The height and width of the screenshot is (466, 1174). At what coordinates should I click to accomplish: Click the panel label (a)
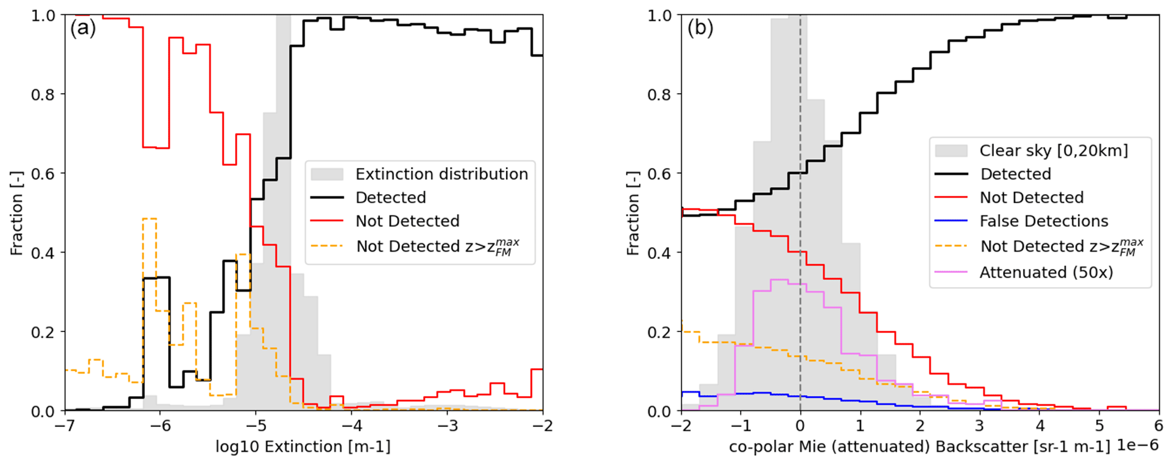coord(83,28)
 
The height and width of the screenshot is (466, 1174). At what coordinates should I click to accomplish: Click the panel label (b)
coord(700,28)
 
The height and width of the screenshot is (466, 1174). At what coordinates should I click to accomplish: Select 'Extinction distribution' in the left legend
coord(441,174)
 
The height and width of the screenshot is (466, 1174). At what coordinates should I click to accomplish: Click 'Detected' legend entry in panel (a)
coord(390,198)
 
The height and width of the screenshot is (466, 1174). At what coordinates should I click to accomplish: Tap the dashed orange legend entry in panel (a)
coord(437,246)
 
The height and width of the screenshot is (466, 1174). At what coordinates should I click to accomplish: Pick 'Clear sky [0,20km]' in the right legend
coord(1054,150)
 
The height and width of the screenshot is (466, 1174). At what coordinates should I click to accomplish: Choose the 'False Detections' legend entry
coord(1044,221)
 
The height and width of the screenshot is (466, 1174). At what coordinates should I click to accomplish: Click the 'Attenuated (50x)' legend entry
coord(1046,272)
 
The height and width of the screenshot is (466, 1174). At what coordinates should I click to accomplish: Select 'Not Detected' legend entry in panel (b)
coord(1031,198)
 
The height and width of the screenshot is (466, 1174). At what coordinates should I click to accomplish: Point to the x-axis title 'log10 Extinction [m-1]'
coord(303,447)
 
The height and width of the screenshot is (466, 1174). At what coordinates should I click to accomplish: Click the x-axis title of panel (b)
coord(919,447)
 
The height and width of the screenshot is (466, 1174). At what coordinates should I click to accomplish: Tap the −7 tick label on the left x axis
coord(66,425)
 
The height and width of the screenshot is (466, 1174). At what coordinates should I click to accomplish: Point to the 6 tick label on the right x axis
coord(1159,425)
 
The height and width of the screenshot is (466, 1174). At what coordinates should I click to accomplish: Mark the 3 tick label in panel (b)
coord(980,425)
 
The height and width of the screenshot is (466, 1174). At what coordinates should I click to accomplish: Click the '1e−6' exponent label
coord(1138,446)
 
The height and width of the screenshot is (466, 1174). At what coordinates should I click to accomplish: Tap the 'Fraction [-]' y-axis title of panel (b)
coord(632,213)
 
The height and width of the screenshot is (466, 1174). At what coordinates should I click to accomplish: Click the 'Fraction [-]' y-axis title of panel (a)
coord(16,213)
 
